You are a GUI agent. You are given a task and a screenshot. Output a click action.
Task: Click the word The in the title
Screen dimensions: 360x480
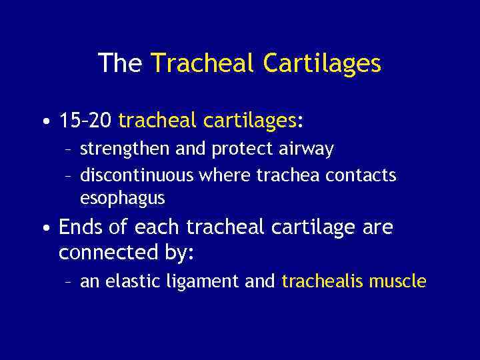(121, 63)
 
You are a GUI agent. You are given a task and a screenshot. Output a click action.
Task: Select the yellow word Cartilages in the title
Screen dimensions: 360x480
(322, 64)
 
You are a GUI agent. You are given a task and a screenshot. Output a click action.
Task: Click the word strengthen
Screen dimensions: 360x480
(125, 149)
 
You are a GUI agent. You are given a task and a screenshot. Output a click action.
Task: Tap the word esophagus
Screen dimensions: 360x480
(122, 199)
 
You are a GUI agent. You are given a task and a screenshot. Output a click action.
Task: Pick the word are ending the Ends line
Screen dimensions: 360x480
(379, 227)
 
